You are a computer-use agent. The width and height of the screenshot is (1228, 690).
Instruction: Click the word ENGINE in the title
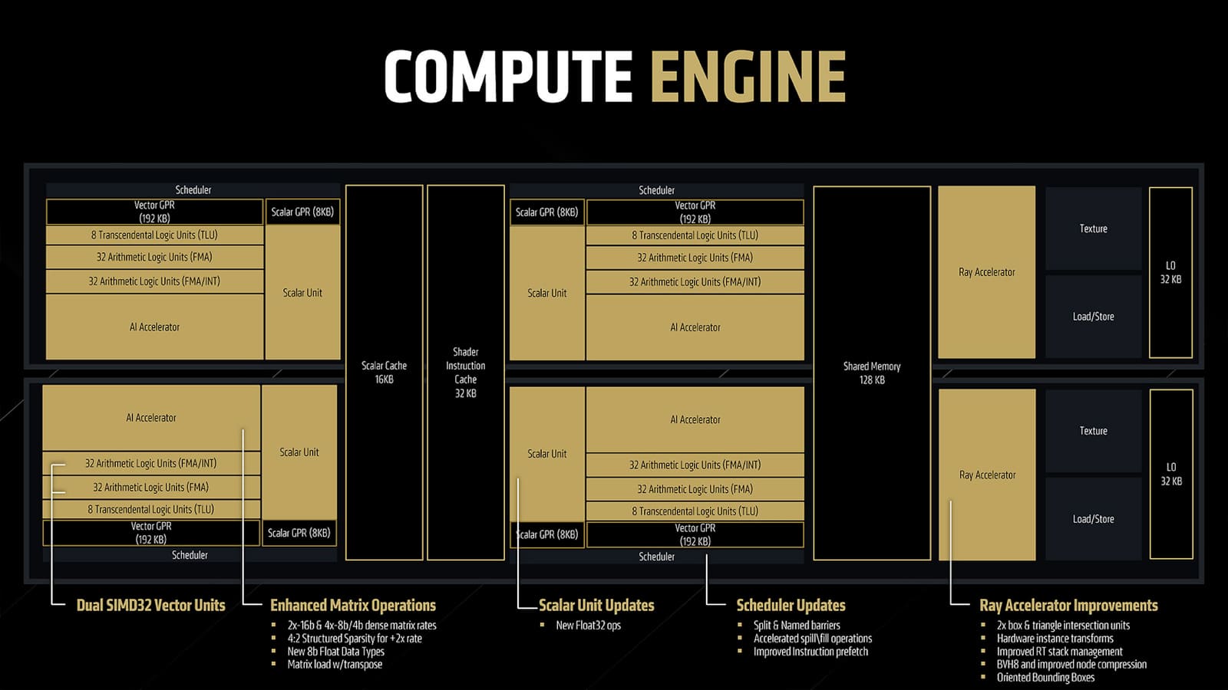[x=748, y=76]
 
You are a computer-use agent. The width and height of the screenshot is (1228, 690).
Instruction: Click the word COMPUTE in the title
[x=509, y=76]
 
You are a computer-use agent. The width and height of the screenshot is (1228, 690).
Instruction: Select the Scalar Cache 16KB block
[x=385, y=373]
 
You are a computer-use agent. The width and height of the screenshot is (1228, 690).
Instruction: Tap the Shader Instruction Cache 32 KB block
[x=465, y=373]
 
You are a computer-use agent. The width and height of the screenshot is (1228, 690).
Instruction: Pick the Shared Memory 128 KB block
[x=872, y=373]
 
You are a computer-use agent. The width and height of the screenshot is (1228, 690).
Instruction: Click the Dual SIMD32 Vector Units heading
[x=150, y=605]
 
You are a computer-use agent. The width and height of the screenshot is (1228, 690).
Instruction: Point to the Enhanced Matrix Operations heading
[x=353, y=605]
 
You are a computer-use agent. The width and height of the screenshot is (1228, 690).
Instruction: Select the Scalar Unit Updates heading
[x=596, y=605]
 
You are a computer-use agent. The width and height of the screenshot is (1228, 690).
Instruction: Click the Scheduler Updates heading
[x=791, y=605]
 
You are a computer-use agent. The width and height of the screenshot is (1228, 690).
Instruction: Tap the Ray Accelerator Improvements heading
[x=1068, y=605]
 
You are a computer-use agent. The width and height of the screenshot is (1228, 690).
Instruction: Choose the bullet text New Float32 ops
[x=588, y=626]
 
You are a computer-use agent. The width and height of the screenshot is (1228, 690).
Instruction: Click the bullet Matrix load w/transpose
[x=335, y=664]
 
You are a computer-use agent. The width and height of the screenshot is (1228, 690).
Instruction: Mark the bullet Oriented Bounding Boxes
[x=1045, y=678]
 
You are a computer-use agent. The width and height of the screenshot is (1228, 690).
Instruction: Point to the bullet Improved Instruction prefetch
[x=810, y=652]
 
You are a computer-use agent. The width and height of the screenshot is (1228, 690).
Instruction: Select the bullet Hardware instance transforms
[x=1055, y=639]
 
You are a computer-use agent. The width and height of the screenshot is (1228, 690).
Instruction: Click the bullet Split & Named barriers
[x=797, y=626]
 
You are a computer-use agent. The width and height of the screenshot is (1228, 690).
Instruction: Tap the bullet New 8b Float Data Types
[x=336, y=652]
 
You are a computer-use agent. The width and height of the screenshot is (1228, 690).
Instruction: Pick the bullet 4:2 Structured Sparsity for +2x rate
[x=355, y=639]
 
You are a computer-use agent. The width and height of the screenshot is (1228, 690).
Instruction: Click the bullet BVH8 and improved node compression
[x=1071, y=664]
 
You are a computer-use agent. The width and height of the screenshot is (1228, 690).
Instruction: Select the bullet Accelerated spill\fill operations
[x=813, y=639]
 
